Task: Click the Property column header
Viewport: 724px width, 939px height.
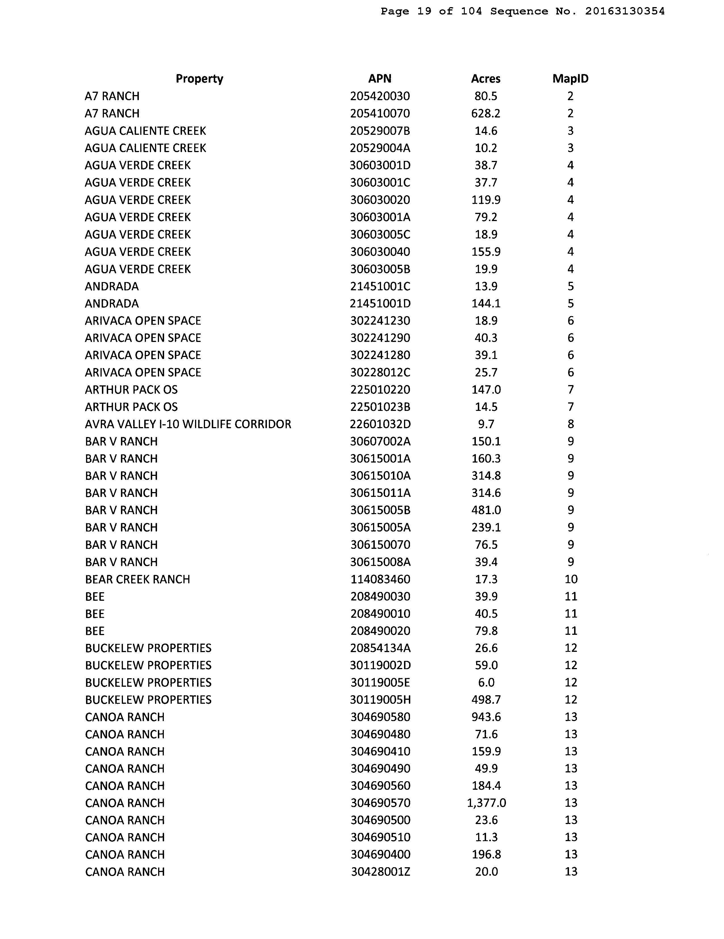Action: tap(199, 79)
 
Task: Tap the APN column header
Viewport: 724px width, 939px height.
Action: tap(380, 79)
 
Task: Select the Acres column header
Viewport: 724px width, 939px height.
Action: tap(486, 79)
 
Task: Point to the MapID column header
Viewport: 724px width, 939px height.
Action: tap(570, 79)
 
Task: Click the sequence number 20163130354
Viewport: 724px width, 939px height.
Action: tap(625, 11)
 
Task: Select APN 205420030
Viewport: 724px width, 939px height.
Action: tap(380, 96)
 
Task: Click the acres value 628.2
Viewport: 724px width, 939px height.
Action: tap(486, 114)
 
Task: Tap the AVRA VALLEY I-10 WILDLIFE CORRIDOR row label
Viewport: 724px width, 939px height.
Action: tap(188, 424)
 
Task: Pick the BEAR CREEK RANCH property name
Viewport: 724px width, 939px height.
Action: tap(138, 579)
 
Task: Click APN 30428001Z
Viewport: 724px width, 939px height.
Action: tap(380, 872)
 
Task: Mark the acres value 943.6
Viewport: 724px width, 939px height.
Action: tap(486, 717)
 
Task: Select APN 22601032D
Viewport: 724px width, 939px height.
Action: tap(380, 424)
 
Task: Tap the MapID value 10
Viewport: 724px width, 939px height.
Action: tap(571, 579)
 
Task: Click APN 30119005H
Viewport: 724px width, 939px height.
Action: tap(380, 700)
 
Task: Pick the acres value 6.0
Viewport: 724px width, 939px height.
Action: tap(486, 683)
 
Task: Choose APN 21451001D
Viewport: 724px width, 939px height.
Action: tap(380, 304)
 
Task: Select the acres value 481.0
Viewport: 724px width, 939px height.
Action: tap(486, 510)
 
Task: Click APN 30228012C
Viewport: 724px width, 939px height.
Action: tap(380, 372)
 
